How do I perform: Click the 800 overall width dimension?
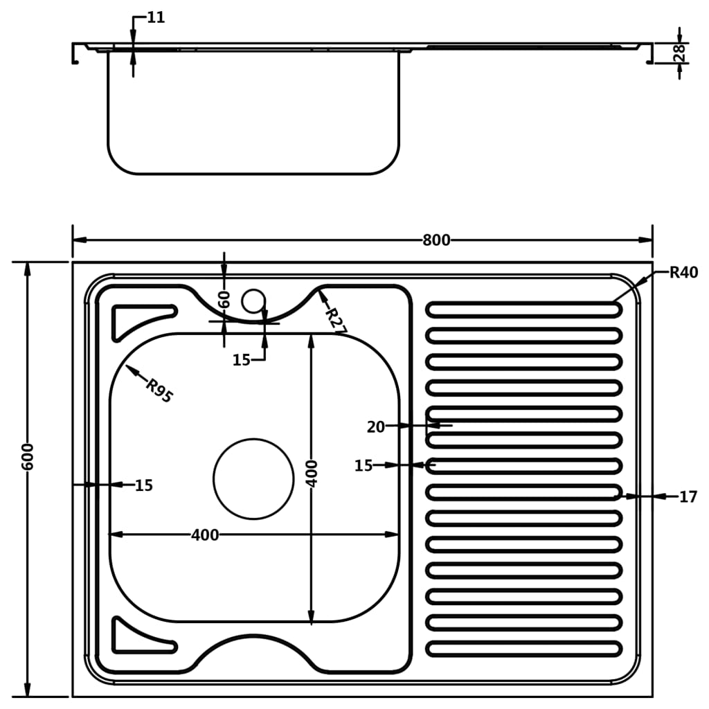click(436, 240)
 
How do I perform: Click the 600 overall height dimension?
click(28, 456)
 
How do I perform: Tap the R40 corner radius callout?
click(683, 272)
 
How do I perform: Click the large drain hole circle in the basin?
click(253, 478)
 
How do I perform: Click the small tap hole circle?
click(253, 300)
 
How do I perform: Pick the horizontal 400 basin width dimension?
click(205, 535)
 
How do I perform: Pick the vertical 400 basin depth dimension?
click(312, 473)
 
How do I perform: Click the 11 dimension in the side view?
click(156, 17)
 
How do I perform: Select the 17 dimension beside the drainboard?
click(687, 496)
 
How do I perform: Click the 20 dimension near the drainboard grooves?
click(376, 427)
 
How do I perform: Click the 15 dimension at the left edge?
click(143, 485)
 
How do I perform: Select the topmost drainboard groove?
click(523, 309)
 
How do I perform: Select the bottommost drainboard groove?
click(523, 649)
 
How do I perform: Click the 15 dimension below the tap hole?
click(241, 360)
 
